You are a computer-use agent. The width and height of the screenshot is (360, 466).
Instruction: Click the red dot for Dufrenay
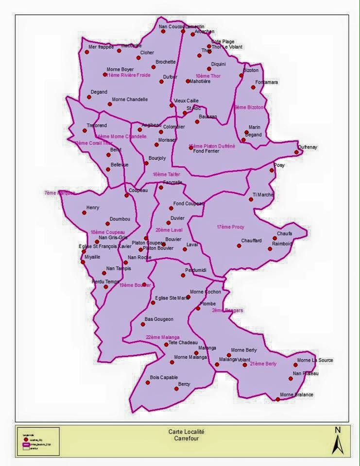[296, 152]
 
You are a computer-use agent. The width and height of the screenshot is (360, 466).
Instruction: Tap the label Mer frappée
[101, 47]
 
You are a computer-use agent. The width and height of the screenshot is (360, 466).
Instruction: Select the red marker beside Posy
[272, 170]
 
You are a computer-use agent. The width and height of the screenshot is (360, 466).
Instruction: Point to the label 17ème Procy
[230, 227]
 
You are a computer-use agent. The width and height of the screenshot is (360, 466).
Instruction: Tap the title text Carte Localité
[187, 432]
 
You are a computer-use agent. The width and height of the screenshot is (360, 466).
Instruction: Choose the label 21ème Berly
[263, 364]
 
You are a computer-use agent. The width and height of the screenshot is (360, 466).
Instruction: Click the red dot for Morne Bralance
[278, 399]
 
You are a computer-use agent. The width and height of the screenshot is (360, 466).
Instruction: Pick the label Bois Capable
[164, 377]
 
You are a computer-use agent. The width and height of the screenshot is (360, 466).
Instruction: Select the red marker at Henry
[85, 213]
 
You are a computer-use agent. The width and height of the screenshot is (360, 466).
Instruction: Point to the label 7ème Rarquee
[60, 193]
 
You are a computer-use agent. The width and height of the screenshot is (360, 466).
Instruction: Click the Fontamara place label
[267, 82]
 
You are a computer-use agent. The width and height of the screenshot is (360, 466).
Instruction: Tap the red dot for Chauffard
[239, 246]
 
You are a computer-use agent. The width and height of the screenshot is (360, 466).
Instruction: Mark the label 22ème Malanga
[163, 337]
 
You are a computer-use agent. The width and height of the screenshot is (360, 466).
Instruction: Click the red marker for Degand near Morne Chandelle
[89, 97]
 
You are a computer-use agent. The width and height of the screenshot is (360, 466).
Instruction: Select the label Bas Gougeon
[159, 319]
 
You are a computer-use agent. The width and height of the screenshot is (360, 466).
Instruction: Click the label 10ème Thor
[208, 76]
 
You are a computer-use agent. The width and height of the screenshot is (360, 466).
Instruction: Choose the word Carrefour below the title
[187, 438]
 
